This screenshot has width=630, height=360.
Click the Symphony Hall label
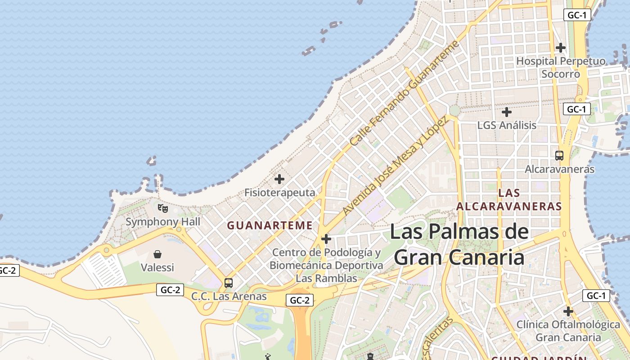point(163,222)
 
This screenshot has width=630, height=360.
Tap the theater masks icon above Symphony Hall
point(163,208)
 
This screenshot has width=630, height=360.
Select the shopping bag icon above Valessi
point(157,254)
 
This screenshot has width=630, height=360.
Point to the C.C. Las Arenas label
point(229,297)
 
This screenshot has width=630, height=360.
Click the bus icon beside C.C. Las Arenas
point(229,283)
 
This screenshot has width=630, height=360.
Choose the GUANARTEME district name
point(270,225)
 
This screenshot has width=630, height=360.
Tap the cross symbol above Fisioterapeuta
point(279,179)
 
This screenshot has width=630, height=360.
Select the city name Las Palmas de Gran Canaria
point(459,244)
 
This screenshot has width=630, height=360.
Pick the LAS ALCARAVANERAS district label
point(509,200)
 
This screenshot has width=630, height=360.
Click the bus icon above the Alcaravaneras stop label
point(559,156)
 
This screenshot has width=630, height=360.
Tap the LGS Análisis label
point(507,125)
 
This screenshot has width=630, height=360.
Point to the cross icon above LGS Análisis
point(507,112)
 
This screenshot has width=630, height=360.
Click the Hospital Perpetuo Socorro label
point(561,67)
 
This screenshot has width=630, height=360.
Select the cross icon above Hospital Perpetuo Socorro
point(561,47)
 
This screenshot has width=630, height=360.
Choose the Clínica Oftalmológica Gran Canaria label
point(568,331)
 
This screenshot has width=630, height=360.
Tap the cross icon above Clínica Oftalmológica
point(568,311)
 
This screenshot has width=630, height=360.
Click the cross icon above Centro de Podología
point(326,239)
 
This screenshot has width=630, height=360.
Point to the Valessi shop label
point(157,268)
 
